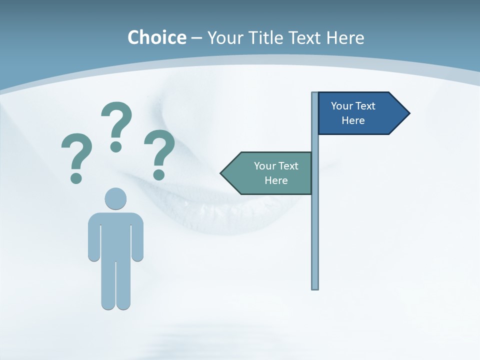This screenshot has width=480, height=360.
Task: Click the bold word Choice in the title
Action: [x=156, y=37]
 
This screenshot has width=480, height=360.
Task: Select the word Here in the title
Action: [x=345, y=37]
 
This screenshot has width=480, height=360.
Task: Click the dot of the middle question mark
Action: [x=116, y=146]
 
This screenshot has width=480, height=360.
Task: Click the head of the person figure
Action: [x=115, y=198]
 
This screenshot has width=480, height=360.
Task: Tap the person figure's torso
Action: [x=115, y=235]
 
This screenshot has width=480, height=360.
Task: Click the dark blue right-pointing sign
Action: [x=355, y=113]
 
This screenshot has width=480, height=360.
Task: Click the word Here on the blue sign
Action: [x=353, y=120]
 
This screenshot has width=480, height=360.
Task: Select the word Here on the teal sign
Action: [x=276, y=180]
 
